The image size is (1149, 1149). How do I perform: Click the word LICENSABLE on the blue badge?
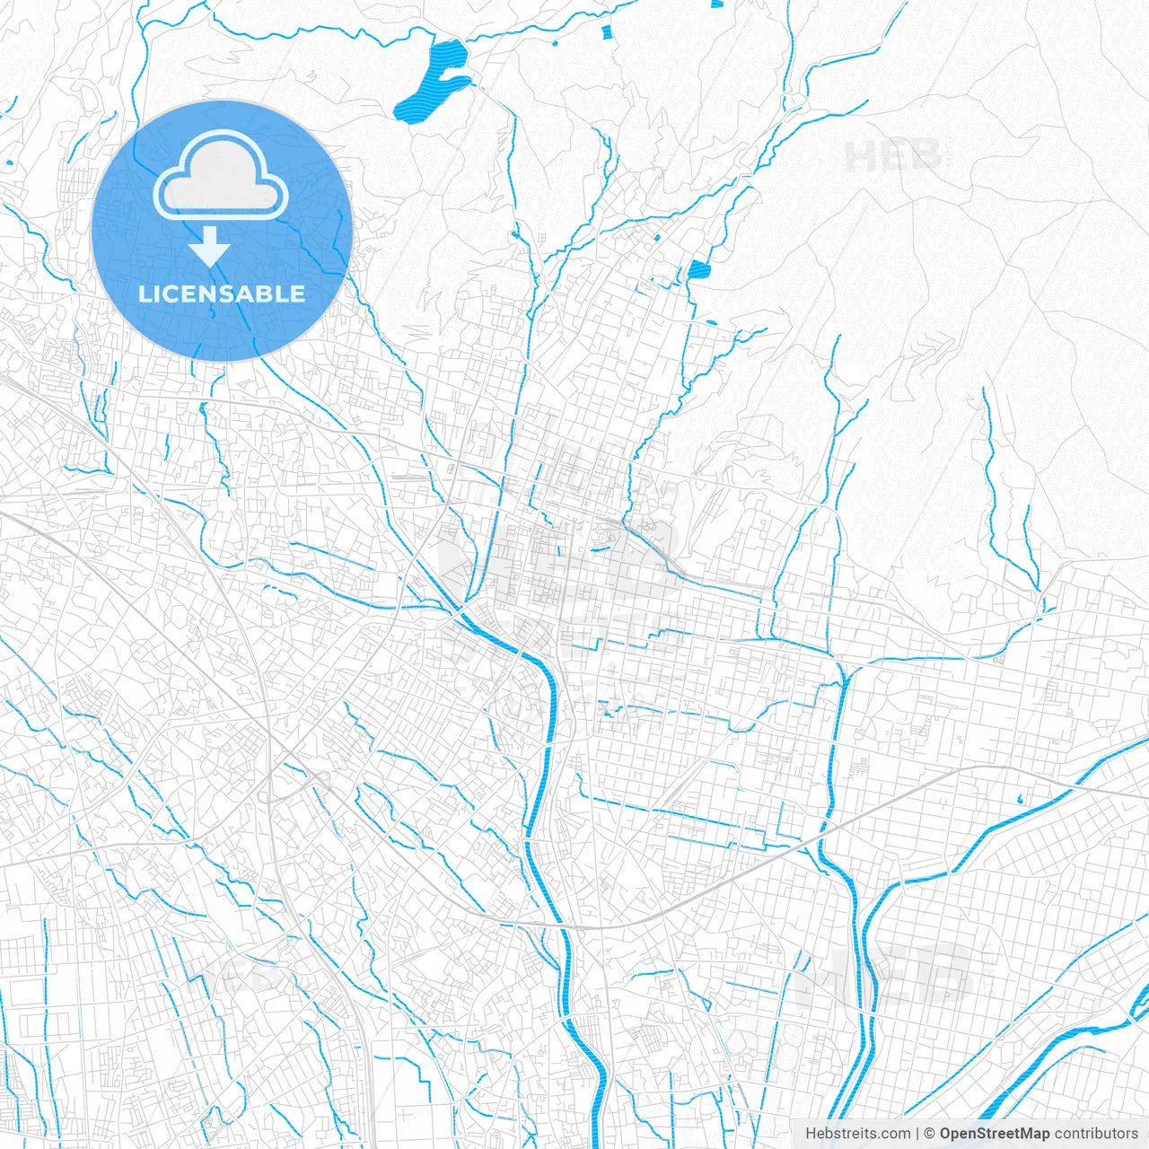click(222, 294)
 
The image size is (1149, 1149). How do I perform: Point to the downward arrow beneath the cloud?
click(210, 246)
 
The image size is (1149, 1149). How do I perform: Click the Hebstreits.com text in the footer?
click(857, 1134)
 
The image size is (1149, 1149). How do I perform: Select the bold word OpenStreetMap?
click(995, 1134)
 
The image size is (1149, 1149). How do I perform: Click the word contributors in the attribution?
click(1096, 1134)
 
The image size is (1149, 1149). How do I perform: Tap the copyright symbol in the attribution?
click(930, 1134)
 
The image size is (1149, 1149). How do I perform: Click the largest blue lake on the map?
click(435, 81)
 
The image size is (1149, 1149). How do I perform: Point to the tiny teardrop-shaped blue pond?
click(1022, 798)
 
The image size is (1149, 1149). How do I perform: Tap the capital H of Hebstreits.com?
click(811, 1134)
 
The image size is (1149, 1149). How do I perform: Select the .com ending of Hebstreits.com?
click(896, 1134)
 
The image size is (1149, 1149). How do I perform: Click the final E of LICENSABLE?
click(298, 294)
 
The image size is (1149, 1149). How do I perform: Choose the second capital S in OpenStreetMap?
click(982, 1134)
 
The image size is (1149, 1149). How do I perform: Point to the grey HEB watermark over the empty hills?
click(893, 157)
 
